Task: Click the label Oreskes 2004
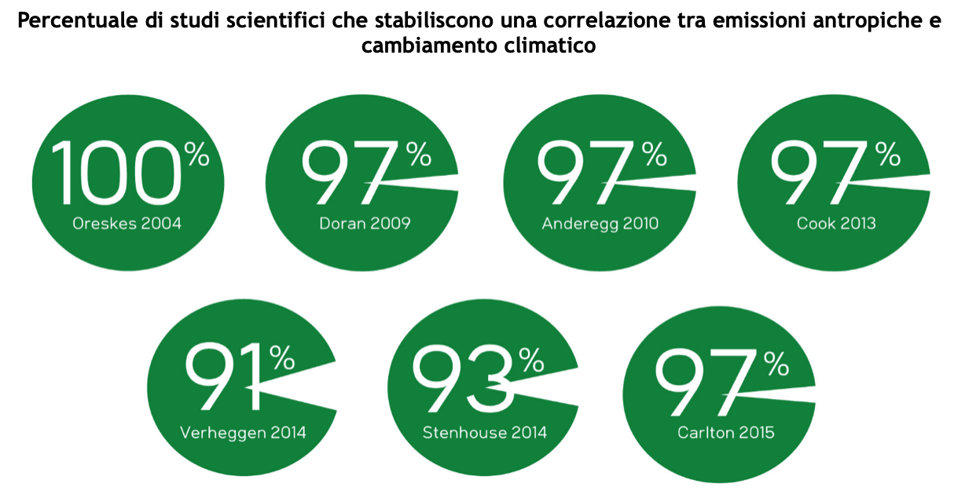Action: click(127, 224)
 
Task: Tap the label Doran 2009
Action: click(365, 224)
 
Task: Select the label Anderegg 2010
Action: click(600, 224)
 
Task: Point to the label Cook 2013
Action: click(835, 224)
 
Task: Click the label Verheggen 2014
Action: click(243, 432)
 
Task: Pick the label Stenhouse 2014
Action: click(484, 432)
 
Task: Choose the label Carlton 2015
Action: click(725, 432)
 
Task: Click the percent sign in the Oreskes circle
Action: click(198, 155)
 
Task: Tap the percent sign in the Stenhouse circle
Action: click(532, 361)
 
